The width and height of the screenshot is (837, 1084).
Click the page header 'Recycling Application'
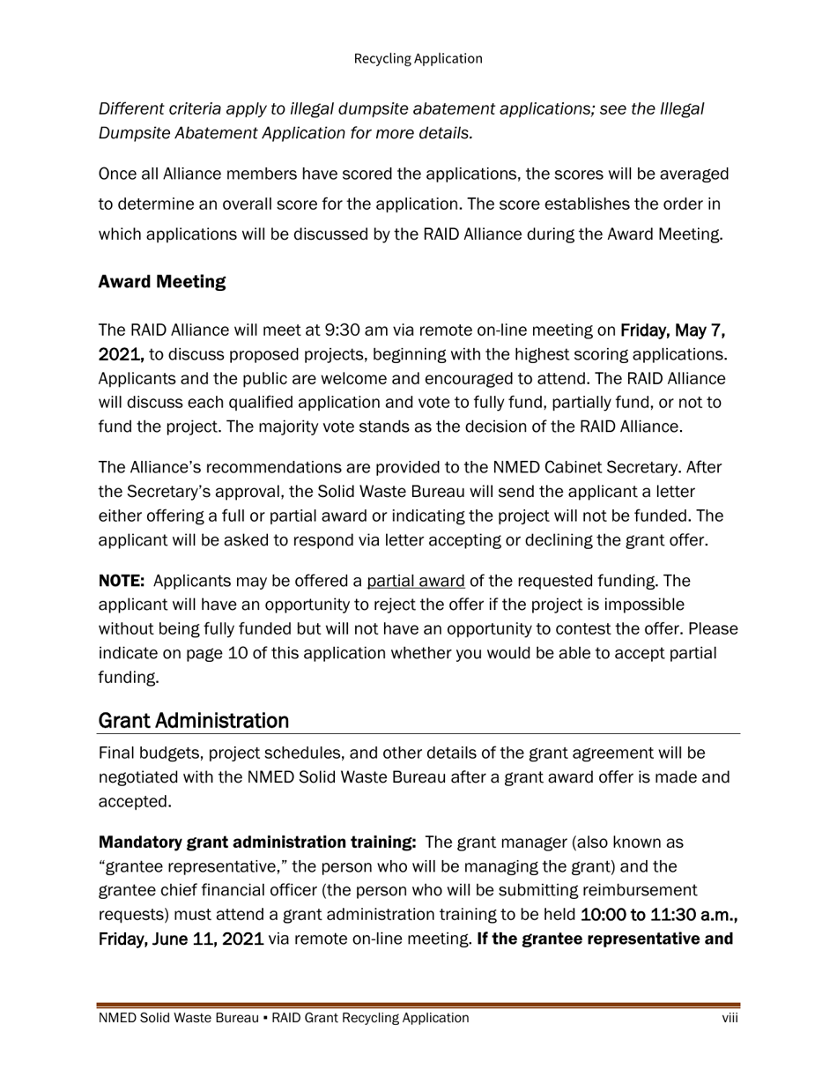coord(418,59)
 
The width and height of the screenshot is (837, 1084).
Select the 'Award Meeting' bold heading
coord(162,282)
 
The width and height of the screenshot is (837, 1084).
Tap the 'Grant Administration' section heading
coord(194,721)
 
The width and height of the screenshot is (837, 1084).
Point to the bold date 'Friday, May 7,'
coord(673,330)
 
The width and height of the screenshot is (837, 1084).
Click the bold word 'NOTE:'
coord(122,582)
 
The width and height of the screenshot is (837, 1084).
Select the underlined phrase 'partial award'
coord(416,582)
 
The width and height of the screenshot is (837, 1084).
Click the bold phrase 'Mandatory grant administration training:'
coord(257,843)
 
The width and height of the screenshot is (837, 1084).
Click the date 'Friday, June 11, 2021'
coord(181,939)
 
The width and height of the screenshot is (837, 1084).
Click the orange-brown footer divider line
coord(418,1005)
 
